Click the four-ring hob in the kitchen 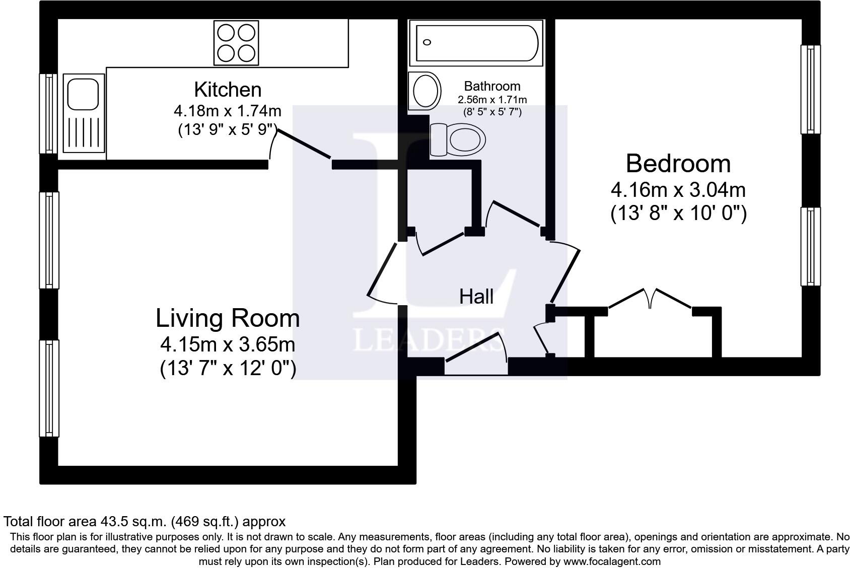[x=236, y=43]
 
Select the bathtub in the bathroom [x=476, y=43]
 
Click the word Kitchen [x=228, y=90]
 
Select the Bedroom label [x=678, y=164]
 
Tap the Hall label [x=476, y=297]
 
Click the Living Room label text [x=228, y=318]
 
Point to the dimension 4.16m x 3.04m [x=678, y=190]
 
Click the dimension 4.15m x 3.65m [x=228, y=345]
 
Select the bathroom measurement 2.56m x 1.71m [x=492, y=100]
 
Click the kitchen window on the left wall [x=49, y=113]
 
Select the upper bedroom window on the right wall [x=810, y=89]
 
